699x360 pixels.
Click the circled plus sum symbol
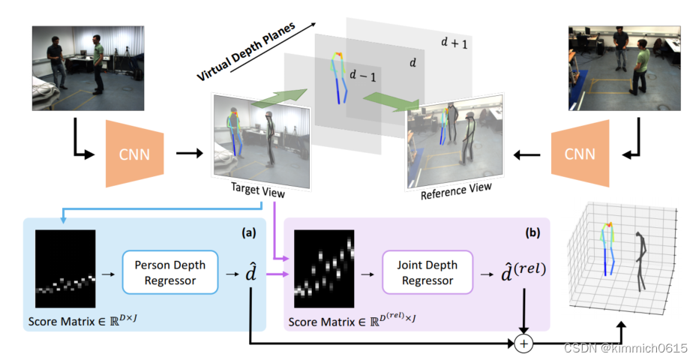(x=522, y=344)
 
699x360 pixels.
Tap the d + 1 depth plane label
(x=453, y=43)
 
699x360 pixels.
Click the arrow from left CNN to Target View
(x=190, y=155)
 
